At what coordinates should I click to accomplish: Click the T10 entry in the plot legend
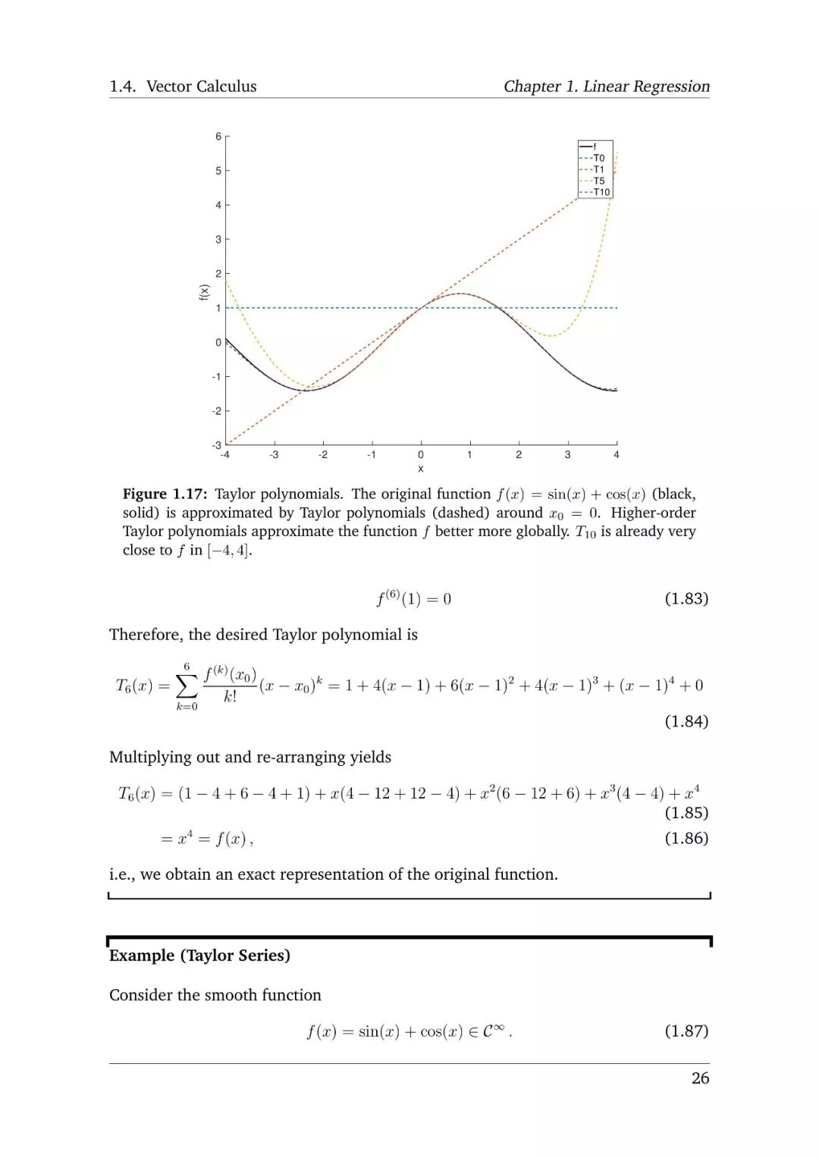(601, 193)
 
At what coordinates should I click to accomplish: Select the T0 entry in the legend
(598, 158)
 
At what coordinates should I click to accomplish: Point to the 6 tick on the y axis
(218, 137)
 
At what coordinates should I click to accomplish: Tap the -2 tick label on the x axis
(323, 455)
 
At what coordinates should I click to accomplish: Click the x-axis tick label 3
(567, 455)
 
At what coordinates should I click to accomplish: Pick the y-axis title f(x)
(203, 292)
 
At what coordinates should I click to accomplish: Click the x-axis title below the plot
(421, 469)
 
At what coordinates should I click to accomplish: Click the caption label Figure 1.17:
(165, 494)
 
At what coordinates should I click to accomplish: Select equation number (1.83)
(686, 598)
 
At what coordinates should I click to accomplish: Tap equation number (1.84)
(686, 721)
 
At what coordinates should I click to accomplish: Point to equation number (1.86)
(686, 838)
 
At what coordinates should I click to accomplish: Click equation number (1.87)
(686, 1031)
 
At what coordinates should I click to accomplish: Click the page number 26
(700, 1078)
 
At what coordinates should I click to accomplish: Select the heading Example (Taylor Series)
(199, 956)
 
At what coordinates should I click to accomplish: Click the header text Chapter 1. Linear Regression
(607, 86)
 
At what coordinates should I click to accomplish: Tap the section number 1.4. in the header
(122, 86)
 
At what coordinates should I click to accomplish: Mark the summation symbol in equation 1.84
(187, 686)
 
